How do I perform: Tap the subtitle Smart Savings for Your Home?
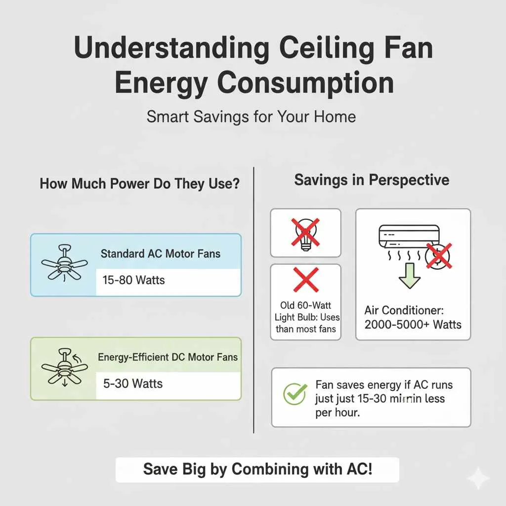click(251, 117)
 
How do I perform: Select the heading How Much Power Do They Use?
click(140, 184)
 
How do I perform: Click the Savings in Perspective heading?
click(372, 179)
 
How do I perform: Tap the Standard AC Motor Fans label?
click(161, 254)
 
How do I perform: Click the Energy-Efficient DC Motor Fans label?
click(168, 357)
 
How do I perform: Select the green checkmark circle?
click(295, 394)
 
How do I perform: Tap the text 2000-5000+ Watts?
click(413, 325)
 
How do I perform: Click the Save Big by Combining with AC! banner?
click(257, 468)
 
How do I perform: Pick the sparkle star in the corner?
click(478, 477)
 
